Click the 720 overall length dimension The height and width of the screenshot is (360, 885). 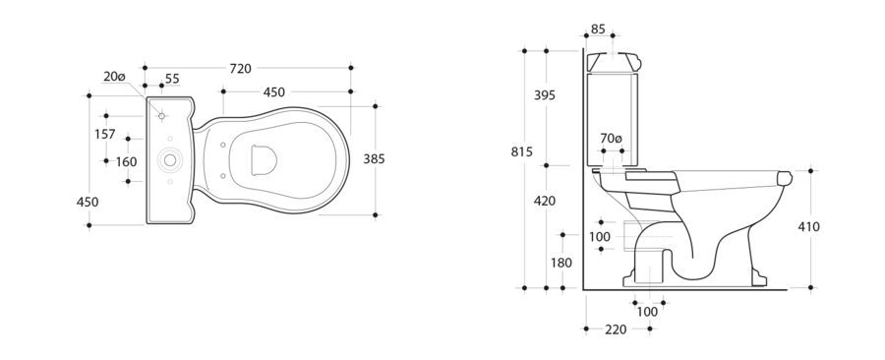(241, 69)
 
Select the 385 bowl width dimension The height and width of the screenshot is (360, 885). (374, 159)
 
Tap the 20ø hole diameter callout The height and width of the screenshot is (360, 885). (114, 76)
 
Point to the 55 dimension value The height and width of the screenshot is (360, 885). (172, 79)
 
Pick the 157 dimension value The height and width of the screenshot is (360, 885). (105, 135)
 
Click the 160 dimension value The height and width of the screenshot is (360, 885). (127, 162)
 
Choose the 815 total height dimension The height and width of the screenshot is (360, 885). (521, 151)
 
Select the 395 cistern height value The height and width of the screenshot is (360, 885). (545, 95)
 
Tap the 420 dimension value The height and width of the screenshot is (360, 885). (545, 201)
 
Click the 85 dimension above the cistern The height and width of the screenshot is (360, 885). (598, 29)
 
